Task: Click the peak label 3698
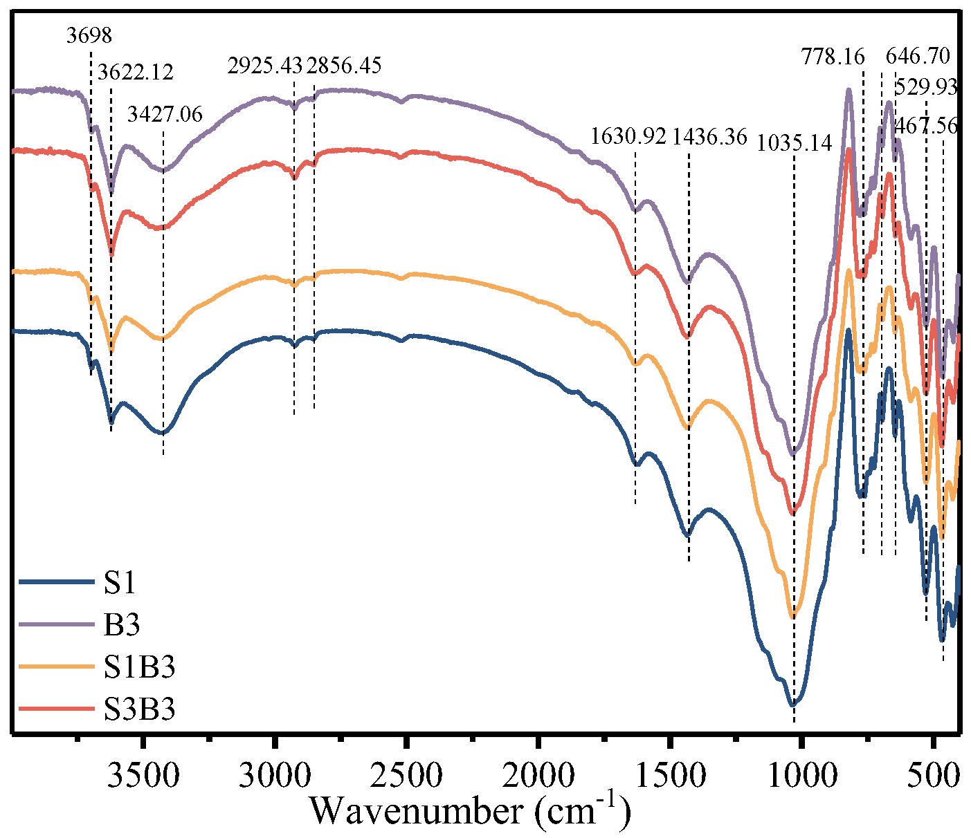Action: [x=89, y=35]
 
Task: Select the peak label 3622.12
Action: [x=136, y=71]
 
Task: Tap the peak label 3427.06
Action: [x=165, y=113]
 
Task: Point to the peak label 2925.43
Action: [x=265, y=66]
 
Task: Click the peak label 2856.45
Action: [x=344, y=66]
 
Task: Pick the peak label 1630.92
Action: [x=628, y=136]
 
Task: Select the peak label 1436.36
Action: [x=710, y=136]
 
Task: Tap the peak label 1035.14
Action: [x=794, y=144]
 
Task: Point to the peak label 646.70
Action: [x=918, y=55]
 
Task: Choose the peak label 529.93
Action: [x=926, y=88]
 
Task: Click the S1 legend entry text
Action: [x=120, y=583]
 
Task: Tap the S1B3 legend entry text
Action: [x=140, y=667]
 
